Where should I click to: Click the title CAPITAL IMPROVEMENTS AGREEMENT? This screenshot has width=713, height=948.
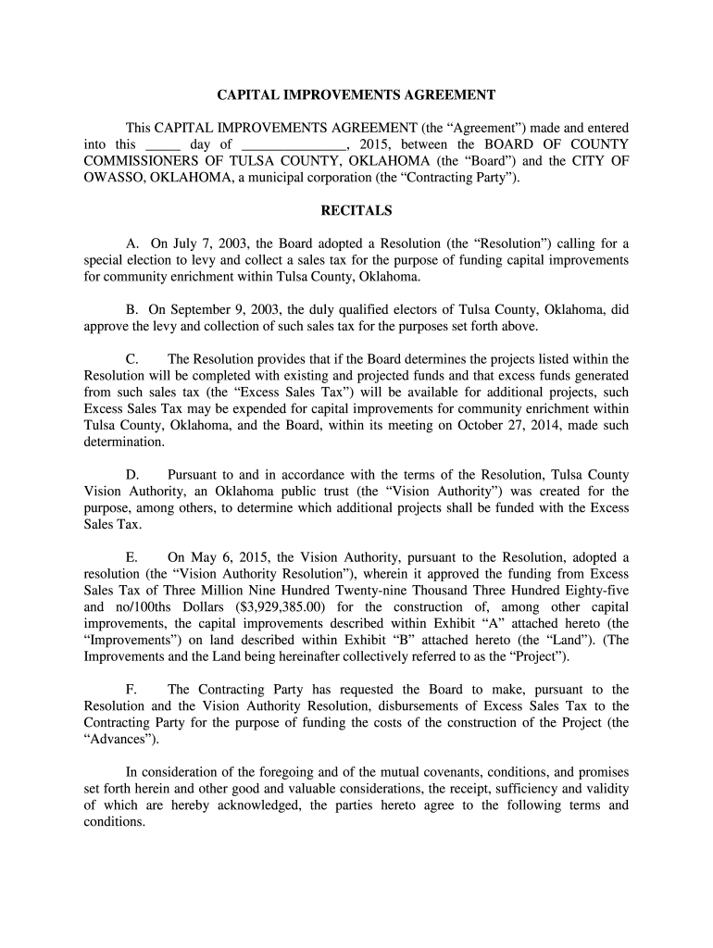point(356,94)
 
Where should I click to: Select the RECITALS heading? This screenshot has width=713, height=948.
point(356,211)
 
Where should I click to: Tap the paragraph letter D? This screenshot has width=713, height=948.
point(131,475)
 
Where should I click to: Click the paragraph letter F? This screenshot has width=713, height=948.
point(131,690)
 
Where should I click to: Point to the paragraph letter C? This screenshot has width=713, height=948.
point(131,358)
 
